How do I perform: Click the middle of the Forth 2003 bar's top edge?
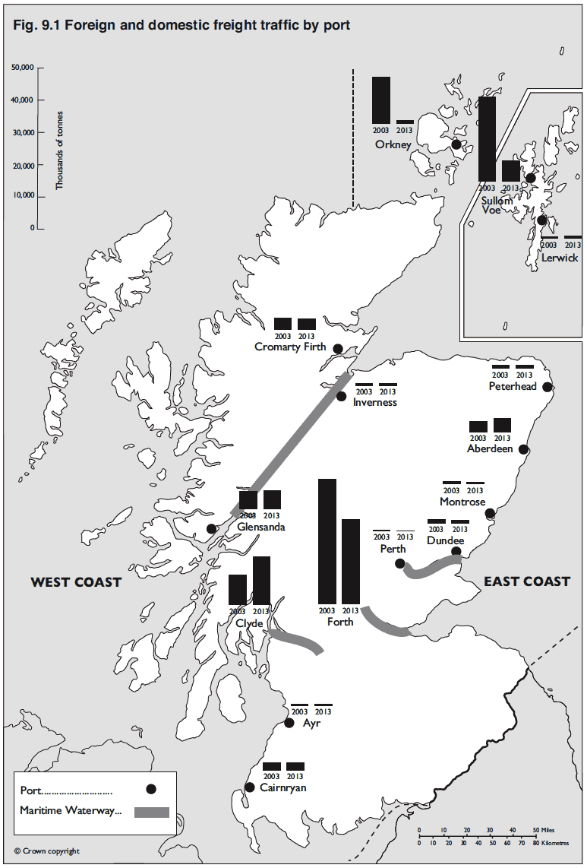tap(327, 479)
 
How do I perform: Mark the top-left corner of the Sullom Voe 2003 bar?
tap(478, 97)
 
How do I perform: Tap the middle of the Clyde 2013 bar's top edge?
tap(262, 557)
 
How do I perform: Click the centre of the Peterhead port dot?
tap(548, 387)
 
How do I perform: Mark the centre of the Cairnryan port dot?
tap(250, 787)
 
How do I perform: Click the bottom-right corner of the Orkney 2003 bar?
tap(390, 124)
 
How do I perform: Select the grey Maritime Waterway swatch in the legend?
tap(152, 812)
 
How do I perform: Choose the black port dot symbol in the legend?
tap(150, 790)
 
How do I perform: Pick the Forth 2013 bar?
tap(351, 562)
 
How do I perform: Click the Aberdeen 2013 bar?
tap(503, 425)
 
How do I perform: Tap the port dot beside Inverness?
tap(342, 396)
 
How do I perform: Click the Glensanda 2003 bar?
tap(248, 500)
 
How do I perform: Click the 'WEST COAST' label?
tap(76, 581)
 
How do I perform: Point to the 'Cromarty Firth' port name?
tap(290, 347)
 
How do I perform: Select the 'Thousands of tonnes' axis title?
tap(59, 150)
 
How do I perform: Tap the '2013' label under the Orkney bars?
tap(405, 131)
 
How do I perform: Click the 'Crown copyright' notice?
tap(47, 851)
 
